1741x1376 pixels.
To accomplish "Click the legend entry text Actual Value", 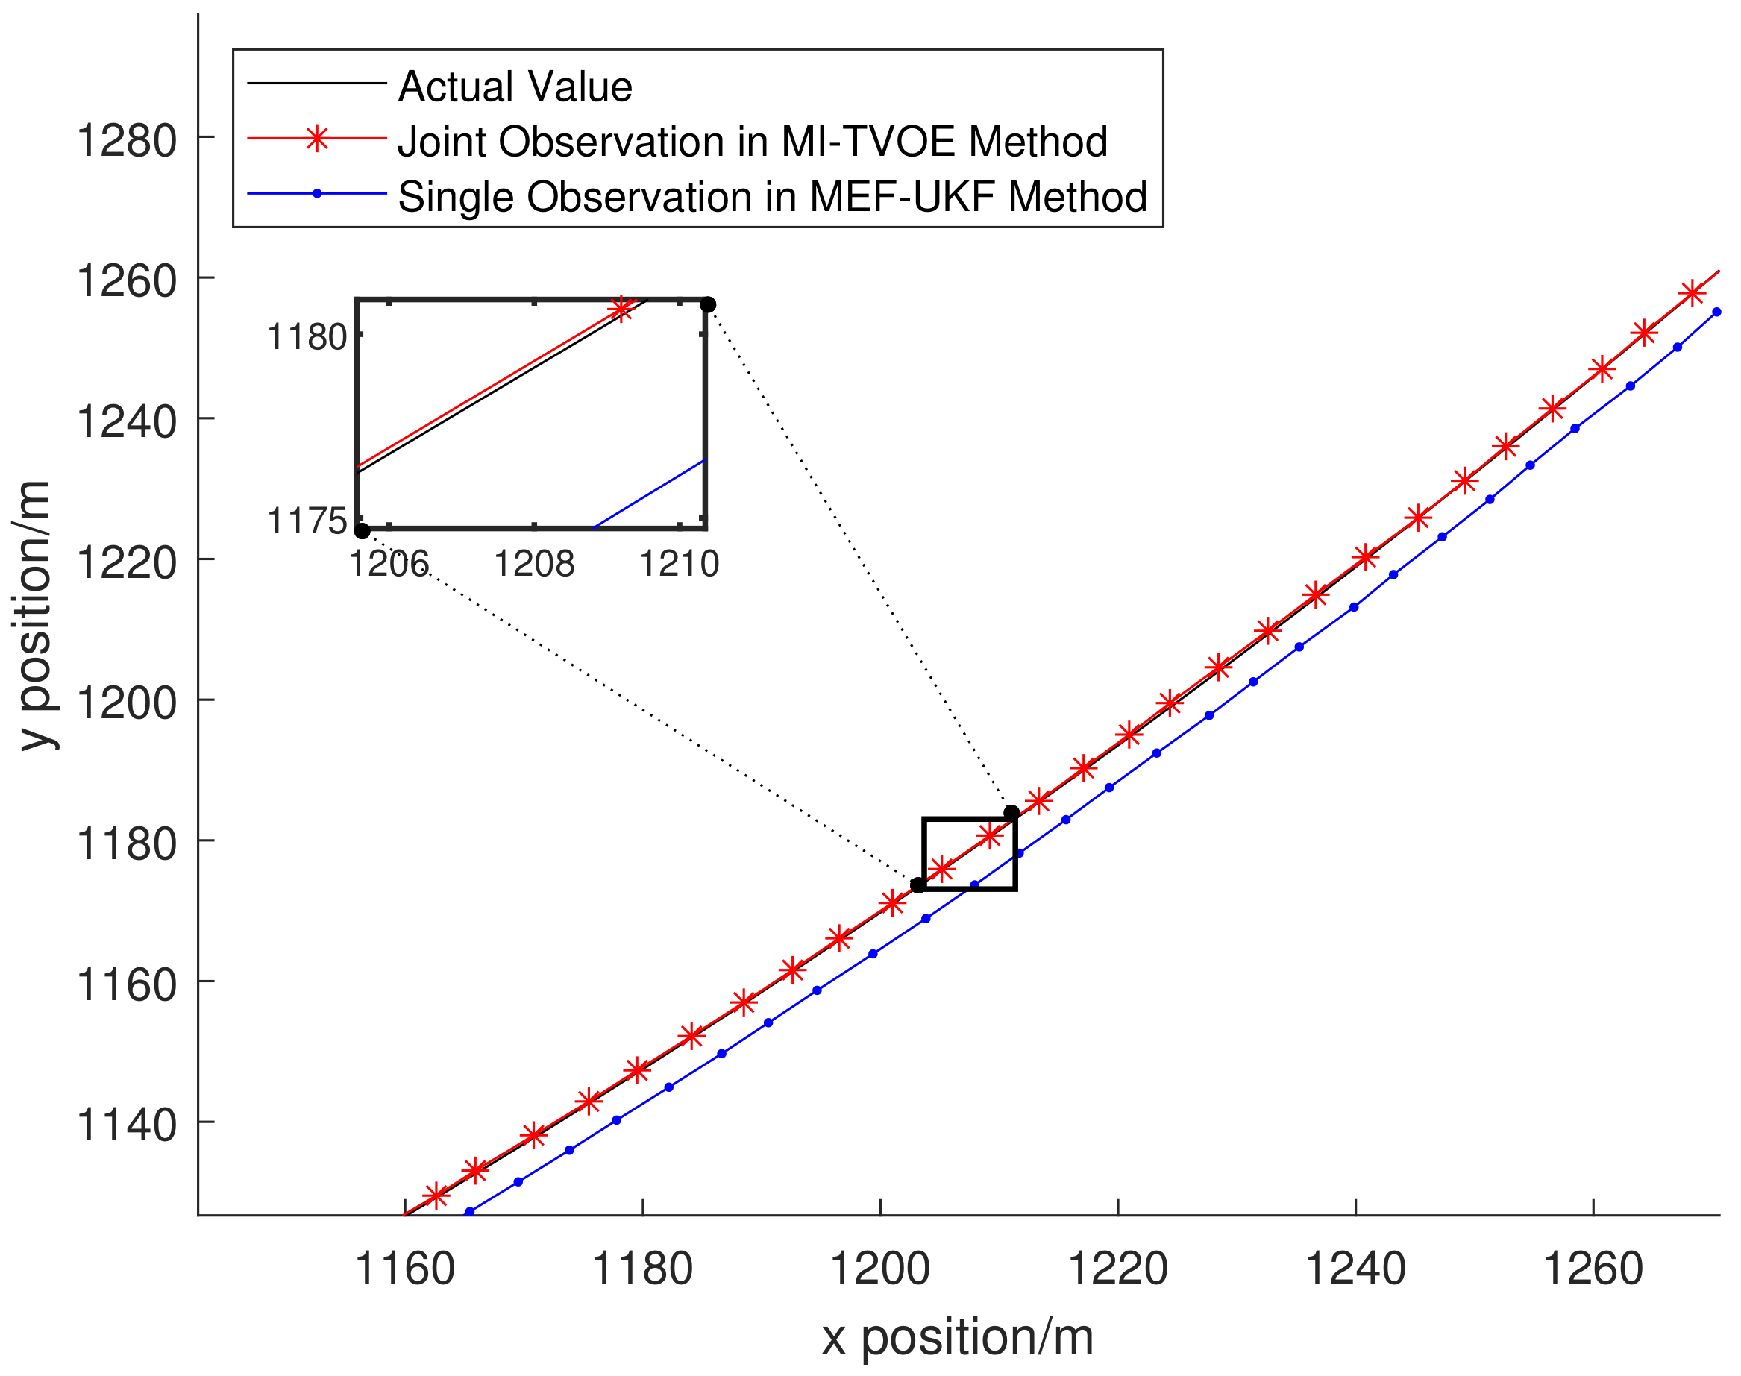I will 515,87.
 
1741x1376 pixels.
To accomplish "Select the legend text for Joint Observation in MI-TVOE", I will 753,141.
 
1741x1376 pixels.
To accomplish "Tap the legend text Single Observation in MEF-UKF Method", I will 772,197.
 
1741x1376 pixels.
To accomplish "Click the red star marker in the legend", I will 318,139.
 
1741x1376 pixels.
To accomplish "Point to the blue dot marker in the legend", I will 318,193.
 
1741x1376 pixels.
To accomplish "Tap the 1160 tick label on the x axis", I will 404,1269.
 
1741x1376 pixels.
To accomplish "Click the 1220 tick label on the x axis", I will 1117,1269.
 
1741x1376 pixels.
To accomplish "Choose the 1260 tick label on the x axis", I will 1593,1269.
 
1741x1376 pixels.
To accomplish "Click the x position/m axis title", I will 957,1338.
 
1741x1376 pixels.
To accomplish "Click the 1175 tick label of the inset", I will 307,521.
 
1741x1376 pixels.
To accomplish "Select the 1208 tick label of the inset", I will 534,563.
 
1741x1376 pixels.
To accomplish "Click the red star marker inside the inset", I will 621,308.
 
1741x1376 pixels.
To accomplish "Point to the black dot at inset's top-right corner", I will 708,304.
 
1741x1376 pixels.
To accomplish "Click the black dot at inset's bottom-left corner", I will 363,531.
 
